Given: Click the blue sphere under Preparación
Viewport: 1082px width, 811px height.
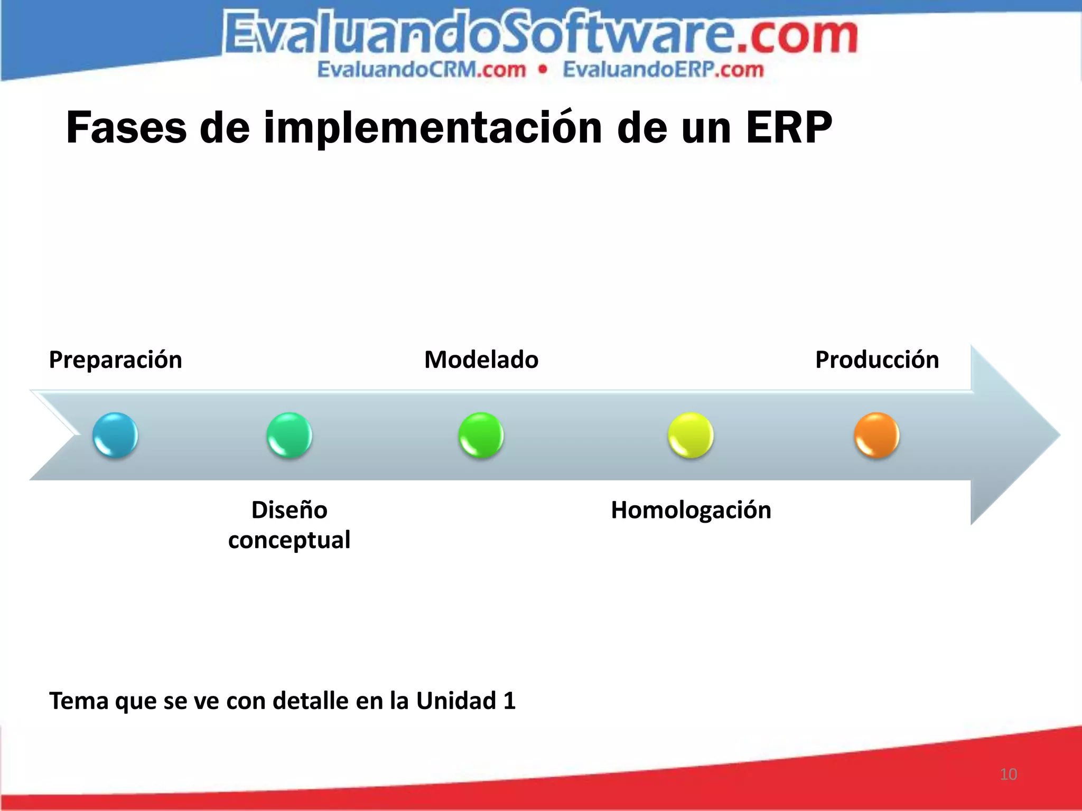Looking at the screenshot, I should point(115,435).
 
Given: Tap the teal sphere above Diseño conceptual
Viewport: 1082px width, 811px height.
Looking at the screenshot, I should point(289,435).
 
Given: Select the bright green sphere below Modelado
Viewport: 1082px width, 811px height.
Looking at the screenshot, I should point(481,435).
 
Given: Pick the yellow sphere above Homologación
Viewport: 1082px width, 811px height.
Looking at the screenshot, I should point(691,435).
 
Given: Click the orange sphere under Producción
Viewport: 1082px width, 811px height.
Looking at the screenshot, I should point(876,435).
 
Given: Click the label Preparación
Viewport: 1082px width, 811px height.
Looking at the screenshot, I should point(115,360).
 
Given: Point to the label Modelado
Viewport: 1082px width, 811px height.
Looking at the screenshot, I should point(481,360).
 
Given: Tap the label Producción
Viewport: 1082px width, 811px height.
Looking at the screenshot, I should point(877,360).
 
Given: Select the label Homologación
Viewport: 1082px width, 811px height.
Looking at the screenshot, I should point(691,510).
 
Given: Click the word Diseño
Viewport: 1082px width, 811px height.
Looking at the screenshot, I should point(289,510).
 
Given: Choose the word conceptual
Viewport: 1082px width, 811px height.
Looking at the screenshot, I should point(289,540).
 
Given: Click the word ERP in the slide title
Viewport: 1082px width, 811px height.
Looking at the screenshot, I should point(789,128).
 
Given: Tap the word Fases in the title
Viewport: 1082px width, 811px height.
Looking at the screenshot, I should point(126,128).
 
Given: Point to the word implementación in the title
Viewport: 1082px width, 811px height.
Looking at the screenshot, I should point(433,128).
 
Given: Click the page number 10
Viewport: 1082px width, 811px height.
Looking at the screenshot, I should point(1008,774).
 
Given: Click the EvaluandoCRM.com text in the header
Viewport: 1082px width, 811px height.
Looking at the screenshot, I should point(422,70).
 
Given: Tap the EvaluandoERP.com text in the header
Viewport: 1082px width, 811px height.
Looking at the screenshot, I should point(663,70).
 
